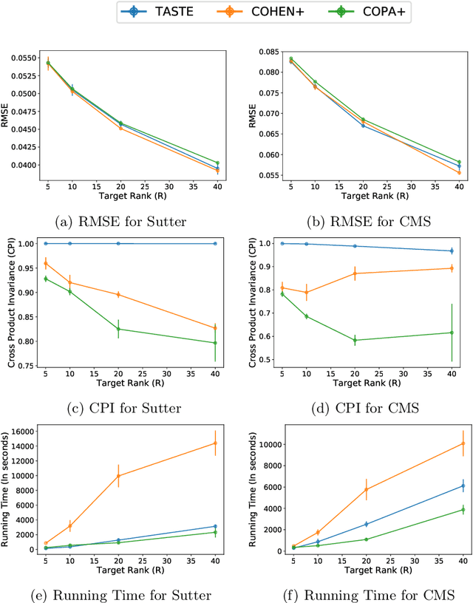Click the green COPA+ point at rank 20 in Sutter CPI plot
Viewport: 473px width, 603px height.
[118, 329]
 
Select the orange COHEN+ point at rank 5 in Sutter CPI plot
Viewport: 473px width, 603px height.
[46, 263]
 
